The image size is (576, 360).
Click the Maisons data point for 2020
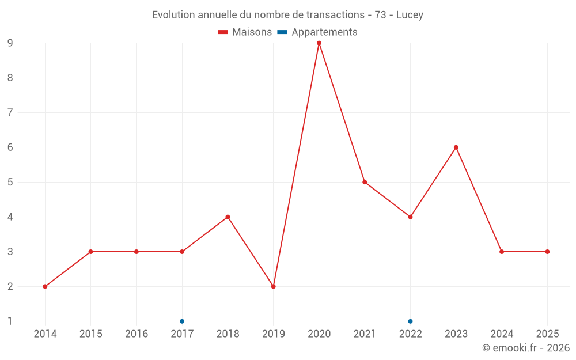coord(319,43)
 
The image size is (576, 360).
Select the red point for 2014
coord(45,286)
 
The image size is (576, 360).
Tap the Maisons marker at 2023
coord(456,147)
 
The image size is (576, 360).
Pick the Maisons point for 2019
coord(274,286)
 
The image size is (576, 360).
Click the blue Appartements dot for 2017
coord(182,321)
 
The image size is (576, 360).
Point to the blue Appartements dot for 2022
coord(410,321)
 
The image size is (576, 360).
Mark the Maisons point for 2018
coord(228,217)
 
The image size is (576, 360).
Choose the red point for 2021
coord(365,182)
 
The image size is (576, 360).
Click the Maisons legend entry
coord(245,32)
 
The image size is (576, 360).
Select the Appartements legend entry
coord(317,32)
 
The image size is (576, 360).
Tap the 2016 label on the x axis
coord(137,334)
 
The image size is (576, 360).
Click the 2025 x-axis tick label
coord(547,334)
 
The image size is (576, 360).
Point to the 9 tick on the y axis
coord(10,43)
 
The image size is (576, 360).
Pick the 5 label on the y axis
coord(10,182)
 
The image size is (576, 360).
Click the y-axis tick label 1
coord(10,321)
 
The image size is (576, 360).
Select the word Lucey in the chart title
coord(410,15)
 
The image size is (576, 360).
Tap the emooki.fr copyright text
coord(525,348)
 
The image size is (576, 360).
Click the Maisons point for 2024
coord(502,252)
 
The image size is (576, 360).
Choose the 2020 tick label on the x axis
coord(319,334)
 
